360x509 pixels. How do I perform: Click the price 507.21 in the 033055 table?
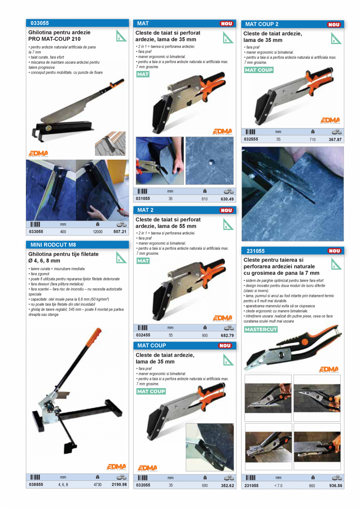click(120, 232)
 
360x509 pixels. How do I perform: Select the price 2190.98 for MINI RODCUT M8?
click(119, 484)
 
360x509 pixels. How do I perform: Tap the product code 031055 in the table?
click(143, 199)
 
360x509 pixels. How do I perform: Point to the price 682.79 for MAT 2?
click(227, 335)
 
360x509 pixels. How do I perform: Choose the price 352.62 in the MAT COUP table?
click(227, 485)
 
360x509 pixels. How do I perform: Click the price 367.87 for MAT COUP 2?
click(335, 139)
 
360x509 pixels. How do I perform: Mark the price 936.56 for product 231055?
click(335, 486)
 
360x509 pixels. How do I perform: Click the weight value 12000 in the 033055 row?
click(97, 232)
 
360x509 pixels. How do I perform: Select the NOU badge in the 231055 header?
click(335, 251)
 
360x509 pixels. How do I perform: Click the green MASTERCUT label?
click(261, 329)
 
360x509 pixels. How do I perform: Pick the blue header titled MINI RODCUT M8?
click(77, 245)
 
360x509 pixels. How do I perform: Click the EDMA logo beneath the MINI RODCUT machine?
click(116, 467)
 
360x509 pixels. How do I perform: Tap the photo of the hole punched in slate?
click(209, 160)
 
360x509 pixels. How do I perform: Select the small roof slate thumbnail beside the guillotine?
click(110, 143)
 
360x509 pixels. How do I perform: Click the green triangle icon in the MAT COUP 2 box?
click(336, 38)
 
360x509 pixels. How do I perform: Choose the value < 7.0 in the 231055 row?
click(278, 486)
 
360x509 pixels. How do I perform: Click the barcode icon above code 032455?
click(142, 327)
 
